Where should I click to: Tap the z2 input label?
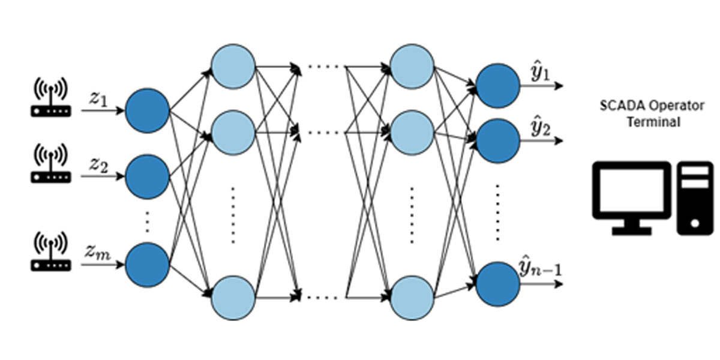click(98, 166)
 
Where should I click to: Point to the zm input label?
click(98, 253)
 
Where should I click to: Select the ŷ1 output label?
click(540, 74)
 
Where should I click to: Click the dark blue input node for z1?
click(147, 110)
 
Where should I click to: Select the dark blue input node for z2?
click(147, 176)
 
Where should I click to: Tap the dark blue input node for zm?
click(147, 265)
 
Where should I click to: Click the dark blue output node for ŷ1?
click(497, 85)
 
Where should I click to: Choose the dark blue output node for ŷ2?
click(497, 141)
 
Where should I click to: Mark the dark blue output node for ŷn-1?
click(497, 284)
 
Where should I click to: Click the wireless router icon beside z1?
click(51, 97)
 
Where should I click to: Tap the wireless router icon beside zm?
click(51, 251)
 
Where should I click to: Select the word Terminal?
click(653, 122)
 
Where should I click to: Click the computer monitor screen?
click(632, 190)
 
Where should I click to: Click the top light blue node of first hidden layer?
click(233, 66)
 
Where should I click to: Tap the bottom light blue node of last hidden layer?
click(412, 298)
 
